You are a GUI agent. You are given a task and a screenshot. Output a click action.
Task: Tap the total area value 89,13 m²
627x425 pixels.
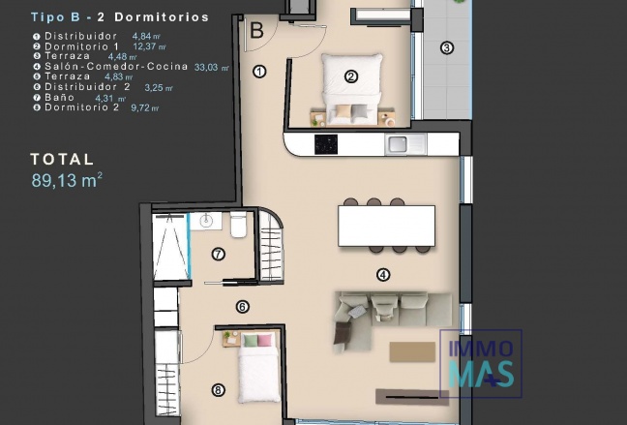click(x=67, y=179)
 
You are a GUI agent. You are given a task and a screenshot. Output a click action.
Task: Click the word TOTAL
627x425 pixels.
click(x=62, y=159)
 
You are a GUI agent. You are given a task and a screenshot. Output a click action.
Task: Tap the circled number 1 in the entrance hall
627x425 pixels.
click(x=259, y=71)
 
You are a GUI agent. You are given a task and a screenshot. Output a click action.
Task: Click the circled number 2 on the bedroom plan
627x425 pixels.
click(x=351, y=76)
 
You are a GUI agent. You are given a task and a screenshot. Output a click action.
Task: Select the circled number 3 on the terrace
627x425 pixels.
click(x=446, y=47)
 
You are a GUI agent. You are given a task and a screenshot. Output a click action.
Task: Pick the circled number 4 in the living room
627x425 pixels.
click(x=383, y=274)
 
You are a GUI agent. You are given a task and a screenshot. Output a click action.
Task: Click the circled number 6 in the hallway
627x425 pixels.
click(x=242, y=307)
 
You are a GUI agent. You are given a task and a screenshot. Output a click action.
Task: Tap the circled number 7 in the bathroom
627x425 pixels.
click(x=218, y=255)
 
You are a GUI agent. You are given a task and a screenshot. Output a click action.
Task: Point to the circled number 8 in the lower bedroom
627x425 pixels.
click(x=218, y=391)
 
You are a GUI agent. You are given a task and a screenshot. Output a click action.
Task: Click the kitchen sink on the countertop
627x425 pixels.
click(x=399, y=145)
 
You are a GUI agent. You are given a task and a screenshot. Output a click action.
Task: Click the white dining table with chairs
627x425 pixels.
click(x=384, y=227)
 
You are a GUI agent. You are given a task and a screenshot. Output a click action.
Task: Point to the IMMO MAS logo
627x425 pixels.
click(x=480, y=364)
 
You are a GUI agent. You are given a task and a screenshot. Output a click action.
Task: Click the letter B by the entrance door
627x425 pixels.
click(x=256, y=31)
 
